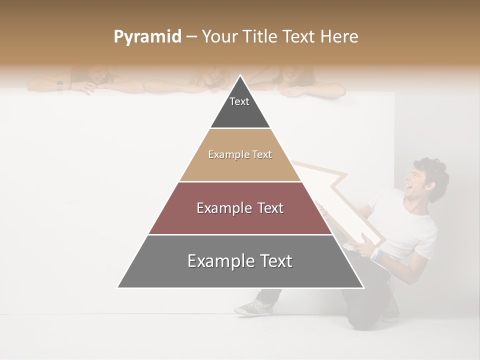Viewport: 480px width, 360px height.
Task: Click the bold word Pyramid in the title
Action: click(x=147, y=37)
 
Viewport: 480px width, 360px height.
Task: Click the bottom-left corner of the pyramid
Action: click(x=118, y=287)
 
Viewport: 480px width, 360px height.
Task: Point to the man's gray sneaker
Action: click(x=253, y=307)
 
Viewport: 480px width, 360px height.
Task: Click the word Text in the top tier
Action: click(x=239, y=101)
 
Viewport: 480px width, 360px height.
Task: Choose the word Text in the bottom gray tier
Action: click(x=271, y=261)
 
